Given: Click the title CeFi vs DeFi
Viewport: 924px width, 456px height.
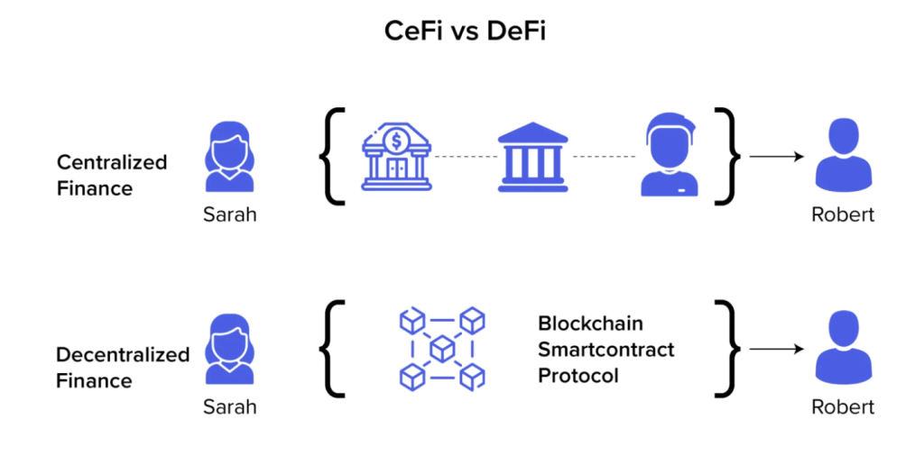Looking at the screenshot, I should [461, 32].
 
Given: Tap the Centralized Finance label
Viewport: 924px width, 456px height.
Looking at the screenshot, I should [112, 175].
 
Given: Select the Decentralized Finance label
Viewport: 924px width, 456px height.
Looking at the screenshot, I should [123, 367].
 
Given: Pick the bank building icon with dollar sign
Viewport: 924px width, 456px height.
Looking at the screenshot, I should [396, 158].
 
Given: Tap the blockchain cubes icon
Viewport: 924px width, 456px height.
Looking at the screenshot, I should [441, 349].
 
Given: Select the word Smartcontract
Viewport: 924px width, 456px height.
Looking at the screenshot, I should [605, 349].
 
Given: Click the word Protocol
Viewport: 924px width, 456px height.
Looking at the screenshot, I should [578, 375].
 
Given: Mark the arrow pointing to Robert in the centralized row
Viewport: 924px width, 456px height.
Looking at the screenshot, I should [776, 157].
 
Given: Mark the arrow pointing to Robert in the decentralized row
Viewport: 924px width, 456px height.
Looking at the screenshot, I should [776, 349].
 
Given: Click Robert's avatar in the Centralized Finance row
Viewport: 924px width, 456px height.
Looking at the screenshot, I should [843, 159].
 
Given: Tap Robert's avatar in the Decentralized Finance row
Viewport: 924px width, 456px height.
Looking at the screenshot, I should [843, 351].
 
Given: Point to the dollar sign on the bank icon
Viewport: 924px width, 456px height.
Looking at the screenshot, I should [396, 140].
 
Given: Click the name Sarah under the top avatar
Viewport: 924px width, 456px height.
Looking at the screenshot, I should [229, 215].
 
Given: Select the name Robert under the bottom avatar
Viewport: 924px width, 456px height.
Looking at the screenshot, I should [843, 406].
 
